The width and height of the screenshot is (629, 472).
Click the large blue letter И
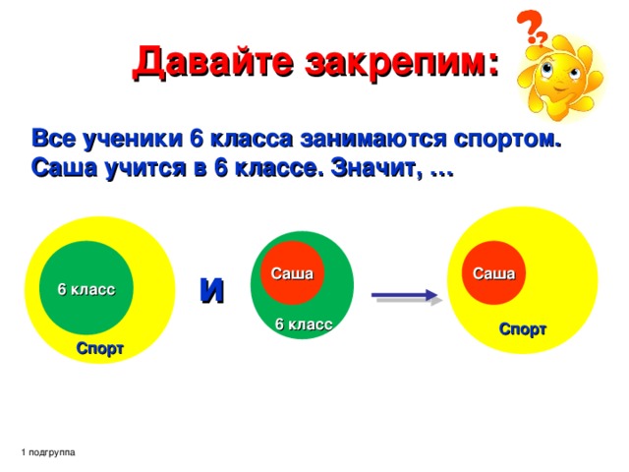212,288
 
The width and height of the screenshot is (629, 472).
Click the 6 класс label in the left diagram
86,289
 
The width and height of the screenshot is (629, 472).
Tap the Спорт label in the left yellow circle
100,349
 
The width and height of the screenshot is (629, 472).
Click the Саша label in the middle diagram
292,272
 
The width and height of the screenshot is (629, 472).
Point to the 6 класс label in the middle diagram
303,324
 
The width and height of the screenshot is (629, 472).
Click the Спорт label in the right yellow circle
523,329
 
